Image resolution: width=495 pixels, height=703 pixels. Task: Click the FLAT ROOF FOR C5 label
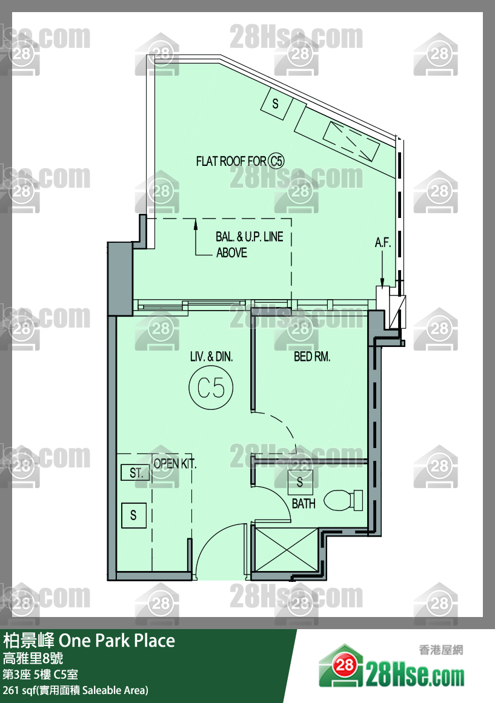[240, 161]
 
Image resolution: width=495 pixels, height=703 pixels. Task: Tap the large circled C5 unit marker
[211, 388]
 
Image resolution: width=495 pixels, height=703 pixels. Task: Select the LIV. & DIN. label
[211, 357]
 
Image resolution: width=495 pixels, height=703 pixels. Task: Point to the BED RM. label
[312, 357]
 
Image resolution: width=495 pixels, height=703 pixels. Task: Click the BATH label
[304, 504]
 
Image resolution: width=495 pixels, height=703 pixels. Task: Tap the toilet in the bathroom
[344, 500]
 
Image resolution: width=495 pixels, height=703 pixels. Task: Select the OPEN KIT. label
[175, 464]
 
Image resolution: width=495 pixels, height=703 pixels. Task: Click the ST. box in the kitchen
[136, 472]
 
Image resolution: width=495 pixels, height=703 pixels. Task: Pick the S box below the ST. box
[134, 515]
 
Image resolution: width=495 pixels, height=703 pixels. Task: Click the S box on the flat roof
[276, 104]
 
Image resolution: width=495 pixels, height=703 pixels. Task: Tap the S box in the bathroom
[301, 482]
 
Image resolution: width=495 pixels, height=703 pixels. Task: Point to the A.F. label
[383, 243]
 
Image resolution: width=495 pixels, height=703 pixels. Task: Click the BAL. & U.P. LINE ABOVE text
[250, 245]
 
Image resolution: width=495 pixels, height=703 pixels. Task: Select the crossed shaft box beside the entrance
[286, 550]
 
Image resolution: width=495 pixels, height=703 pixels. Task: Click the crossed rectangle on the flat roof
[351, 140]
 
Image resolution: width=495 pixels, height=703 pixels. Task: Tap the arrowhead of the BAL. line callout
[196, 223]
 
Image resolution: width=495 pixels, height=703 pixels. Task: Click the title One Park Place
[117, 641]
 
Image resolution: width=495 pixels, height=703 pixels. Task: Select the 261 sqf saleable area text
[75, 690]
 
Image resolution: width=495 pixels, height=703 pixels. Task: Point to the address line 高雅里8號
[33, 659]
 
